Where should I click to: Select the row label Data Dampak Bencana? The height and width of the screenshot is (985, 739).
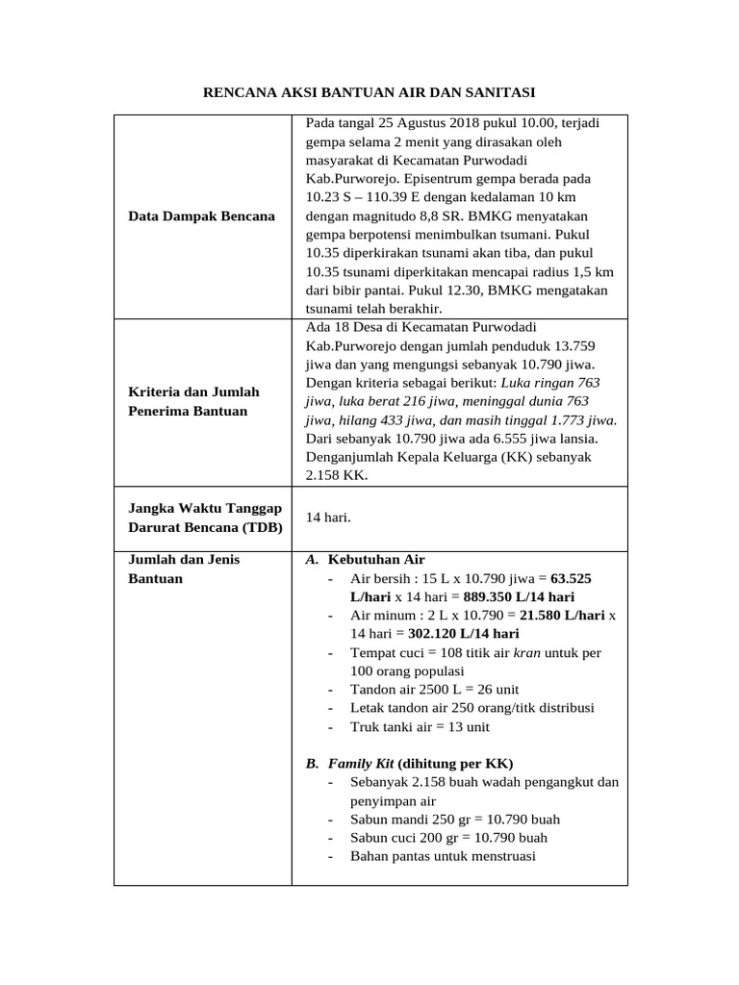pos(201,215)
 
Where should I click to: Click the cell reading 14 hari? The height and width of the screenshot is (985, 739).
pos(328,518)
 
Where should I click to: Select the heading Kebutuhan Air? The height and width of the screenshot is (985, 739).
pos(376,559)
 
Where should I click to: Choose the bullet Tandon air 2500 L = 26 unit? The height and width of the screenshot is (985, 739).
pos(435,690)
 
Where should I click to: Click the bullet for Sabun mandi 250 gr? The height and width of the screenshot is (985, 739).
pos(455,819)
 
